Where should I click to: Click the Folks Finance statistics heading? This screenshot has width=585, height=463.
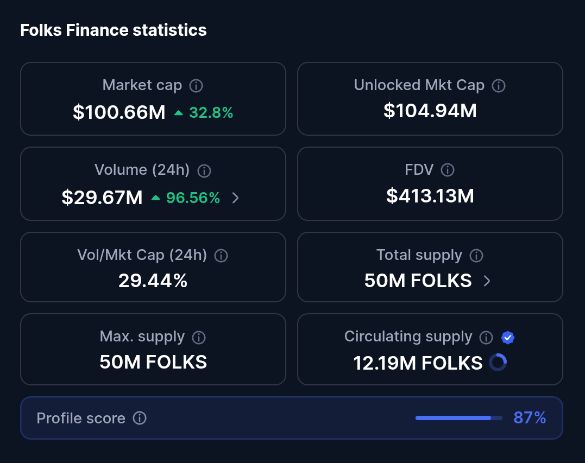[114, 30]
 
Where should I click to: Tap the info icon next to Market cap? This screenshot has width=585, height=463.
[196, 86]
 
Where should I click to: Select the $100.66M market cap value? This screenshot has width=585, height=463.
[119, 112]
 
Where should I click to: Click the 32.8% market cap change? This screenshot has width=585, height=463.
[211, 113]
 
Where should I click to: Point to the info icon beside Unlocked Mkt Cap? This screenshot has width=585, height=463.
[498, 86]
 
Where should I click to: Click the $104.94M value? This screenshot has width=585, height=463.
[430, 111]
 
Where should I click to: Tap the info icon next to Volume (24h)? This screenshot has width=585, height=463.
[204, 170]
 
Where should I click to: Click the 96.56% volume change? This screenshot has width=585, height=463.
[193, 198]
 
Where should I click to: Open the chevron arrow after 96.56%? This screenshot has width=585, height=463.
[235, 198]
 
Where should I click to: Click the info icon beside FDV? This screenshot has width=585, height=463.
[447, 170]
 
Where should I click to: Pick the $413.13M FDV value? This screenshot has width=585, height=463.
[430, 196]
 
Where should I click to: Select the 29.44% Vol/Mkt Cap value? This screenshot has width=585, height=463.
[153, 281]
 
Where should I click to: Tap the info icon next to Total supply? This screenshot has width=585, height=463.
[476, 256]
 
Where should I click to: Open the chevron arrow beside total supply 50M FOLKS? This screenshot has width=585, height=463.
[487, 281]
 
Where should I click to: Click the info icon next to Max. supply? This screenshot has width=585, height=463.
[199, 338]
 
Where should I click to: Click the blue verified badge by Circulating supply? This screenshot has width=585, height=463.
[508, 338]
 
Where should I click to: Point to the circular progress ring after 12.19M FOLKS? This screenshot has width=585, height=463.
[498, 363]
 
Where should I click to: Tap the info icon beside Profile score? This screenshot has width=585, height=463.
[140, 418]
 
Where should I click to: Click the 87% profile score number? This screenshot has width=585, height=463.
[530, 418]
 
